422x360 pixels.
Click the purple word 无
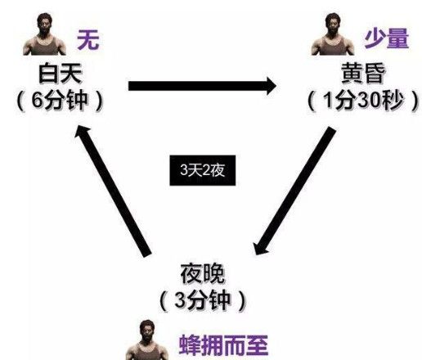[88, 39]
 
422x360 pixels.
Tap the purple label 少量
[387, 38]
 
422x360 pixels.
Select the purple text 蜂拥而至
[223, 345]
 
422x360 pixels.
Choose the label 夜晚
[203, 273]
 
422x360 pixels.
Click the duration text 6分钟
[60, 101]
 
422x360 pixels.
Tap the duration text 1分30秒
[363, 101]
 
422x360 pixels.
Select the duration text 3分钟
[202, 300]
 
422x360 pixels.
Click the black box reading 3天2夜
[203, 170]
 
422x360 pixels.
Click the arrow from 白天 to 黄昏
[203, 86]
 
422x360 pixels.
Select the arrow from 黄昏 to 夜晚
[294, 191]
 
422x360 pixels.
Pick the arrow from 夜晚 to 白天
[113, 191]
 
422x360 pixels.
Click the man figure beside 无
[44, 34]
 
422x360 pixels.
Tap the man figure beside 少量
[333, 34]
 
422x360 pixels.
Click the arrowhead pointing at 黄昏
[272, 86]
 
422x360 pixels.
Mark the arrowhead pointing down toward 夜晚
[259, 248]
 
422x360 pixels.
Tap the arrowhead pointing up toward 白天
[82, 133]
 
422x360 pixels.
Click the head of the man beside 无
[44, 23]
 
